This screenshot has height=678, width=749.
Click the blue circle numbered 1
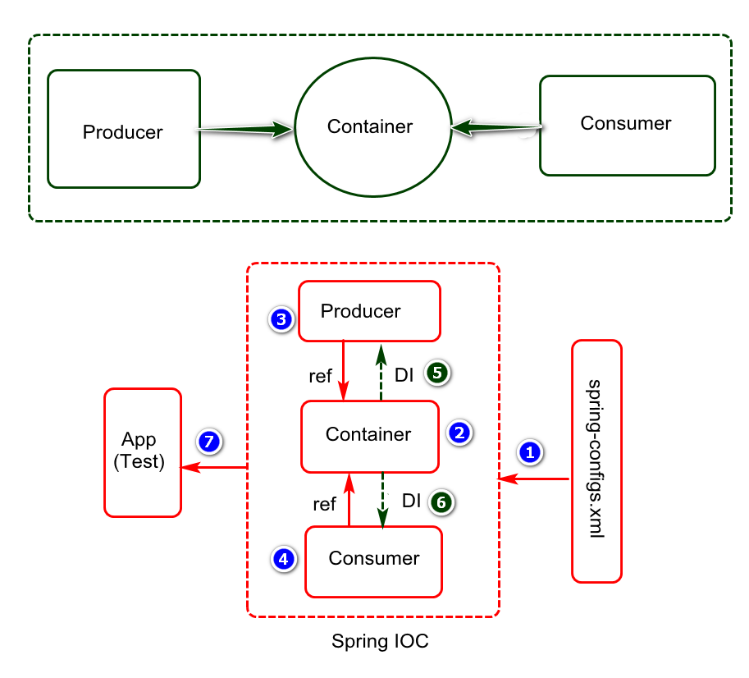530,452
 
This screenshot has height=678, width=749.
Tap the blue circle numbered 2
459,433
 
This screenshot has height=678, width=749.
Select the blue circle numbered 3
281,319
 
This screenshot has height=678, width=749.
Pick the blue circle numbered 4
284,559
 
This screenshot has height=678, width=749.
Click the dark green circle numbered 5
437,373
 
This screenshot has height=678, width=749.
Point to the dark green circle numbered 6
441,502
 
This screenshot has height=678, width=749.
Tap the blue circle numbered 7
209,442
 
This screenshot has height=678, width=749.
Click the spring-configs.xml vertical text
596,459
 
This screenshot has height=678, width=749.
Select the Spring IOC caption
380,641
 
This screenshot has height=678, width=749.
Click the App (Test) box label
139,450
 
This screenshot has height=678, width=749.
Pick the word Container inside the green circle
370,126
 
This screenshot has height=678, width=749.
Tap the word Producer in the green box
123,132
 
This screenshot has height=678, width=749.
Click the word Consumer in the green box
626,123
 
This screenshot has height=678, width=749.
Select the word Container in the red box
368,434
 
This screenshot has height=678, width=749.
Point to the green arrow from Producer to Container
245,129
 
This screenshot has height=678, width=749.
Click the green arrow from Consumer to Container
496,127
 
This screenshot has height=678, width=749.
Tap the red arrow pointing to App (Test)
213,467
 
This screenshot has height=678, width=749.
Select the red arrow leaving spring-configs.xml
533,479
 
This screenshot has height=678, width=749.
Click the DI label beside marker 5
404,376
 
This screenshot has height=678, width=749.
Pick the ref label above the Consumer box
324,504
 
